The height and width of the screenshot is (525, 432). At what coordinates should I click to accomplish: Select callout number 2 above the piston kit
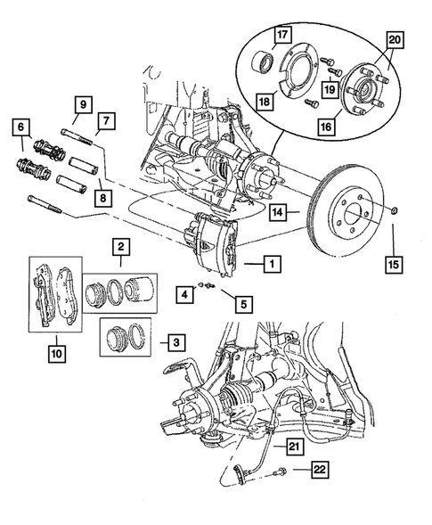[x=118, y=247]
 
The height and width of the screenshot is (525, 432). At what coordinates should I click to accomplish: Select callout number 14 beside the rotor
[x=279, y=212]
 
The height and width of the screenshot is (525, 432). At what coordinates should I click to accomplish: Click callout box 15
[x=394, y=264]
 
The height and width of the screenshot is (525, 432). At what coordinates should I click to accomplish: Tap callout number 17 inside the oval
[x=281, y=35]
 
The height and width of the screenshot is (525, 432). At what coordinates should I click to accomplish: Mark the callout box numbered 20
[x=395, y=38]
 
